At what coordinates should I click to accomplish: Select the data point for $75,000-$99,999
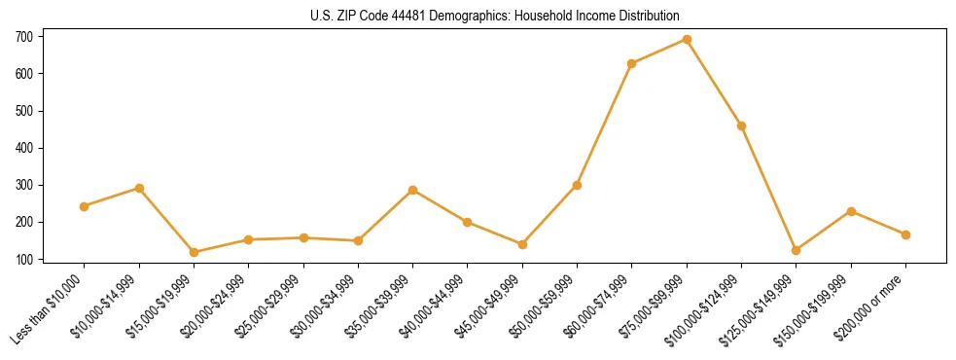687,40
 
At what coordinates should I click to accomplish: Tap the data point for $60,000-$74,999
632,64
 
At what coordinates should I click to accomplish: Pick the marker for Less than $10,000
84,206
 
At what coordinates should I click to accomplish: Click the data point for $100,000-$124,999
742,126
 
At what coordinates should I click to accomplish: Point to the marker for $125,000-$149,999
797,250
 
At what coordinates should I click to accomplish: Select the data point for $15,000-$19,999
194,252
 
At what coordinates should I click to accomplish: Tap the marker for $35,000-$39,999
413,190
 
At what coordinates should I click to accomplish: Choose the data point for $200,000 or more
906,234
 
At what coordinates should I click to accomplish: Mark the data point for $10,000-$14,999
139,188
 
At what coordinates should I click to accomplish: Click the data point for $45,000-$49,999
522,244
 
